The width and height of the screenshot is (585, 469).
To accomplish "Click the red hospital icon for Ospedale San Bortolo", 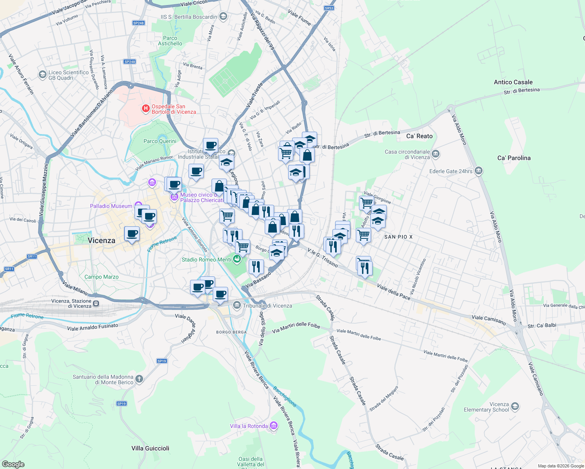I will point(146,109).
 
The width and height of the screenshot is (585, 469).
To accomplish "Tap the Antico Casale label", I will point(513,82).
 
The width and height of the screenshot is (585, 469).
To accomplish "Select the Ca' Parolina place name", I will point(514,158).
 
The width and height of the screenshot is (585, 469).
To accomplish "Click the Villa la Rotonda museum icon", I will point(274,426).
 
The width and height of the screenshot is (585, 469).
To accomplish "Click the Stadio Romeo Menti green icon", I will point(237,259).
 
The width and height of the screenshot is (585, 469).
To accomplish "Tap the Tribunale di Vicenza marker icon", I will point(237,305).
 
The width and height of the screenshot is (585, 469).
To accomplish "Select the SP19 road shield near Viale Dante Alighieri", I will point(162,361).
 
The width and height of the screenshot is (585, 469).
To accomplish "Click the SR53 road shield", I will point(329,8).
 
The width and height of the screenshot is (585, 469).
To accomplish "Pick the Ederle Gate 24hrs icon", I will point(478,171).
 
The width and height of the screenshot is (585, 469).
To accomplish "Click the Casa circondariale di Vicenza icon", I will point(436,154).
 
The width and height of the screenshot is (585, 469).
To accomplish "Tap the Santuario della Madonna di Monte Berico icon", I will point(139,379).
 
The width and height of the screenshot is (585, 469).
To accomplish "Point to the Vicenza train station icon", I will point(96,303).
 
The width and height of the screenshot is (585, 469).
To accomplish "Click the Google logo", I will point(13,464).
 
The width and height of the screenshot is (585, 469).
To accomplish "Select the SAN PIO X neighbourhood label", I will point(398,237).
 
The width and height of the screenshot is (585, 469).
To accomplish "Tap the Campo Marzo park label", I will point(101,277).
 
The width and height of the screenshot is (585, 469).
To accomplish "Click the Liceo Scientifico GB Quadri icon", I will point(42,75).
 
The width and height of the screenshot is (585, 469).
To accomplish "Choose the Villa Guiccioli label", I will point(150,448).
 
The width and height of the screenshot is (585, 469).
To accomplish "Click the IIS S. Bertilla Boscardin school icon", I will point(223,16).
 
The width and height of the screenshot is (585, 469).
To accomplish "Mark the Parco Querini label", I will point(160,141).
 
